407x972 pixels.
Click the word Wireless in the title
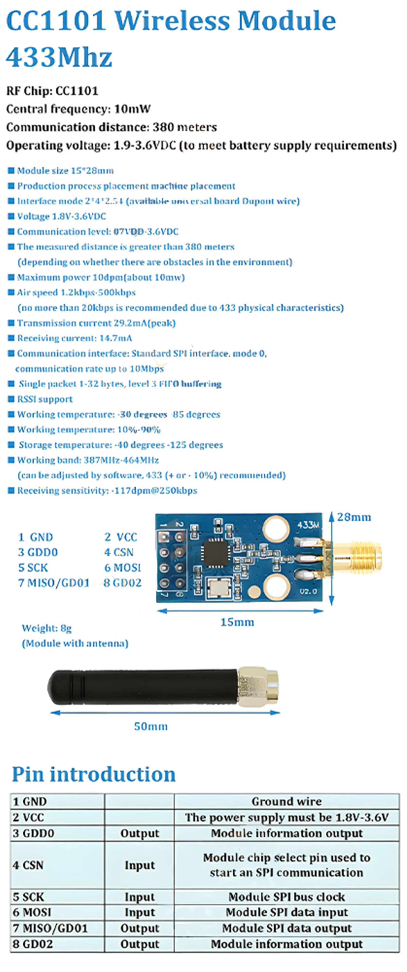[x=172, y=20]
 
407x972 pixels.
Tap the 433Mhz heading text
[x=59, y=57]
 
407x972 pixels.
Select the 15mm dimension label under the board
[x=237, y=622]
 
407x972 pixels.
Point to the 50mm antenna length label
[x=151, y=726]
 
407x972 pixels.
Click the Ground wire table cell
[x=287, y=801]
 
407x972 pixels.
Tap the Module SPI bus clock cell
[x=287, y=896]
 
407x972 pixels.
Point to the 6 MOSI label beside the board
[x=123, y=567]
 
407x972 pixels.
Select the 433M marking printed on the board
[x=308, y=524]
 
